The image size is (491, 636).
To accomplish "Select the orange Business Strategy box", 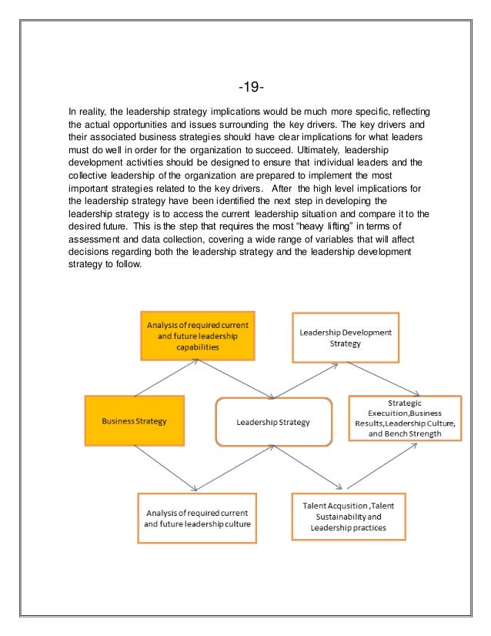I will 135,422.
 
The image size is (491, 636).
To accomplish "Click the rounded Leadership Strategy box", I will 273,422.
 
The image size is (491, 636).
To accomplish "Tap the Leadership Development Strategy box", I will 345,337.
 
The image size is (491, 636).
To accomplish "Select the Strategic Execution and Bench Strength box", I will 405,418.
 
